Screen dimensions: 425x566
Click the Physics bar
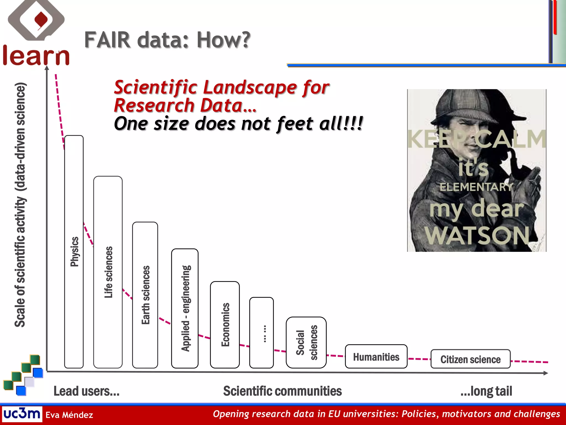coord(74,252)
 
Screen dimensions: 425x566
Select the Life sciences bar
coord(108,272)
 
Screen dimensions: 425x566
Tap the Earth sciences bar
coord(145,295)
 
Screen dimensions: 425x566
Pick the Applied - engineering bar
coord(185,308)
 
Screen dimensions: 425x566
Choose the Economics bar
coord(225,325)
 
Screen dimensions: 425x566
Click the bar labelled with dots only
coord(261,333)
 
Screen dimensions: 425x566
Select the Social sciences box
coord(306,342)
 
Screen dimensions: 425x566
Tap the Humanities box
coord(376,356)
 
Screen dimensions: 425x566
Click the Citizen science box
coord(470,359)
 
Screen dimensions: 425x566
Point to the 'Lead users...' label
coord(87,391)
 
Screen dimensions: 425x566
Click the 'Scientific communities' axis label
coord(282,391)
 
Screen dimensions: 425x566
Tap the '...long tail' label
coord(486,391)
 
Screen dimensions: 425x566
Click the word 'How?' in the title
coord(223,40)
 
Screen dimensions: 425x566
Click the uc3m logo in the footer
coord(22,414)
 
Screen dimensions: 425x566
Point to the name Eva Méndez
coord(69,415)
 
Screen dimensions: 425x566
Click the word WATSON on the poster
coord(477,235)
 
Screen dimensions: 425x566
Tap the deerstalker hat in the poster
coord(470,105)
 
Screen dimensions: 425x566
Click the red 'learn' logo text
coord(36,56)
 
